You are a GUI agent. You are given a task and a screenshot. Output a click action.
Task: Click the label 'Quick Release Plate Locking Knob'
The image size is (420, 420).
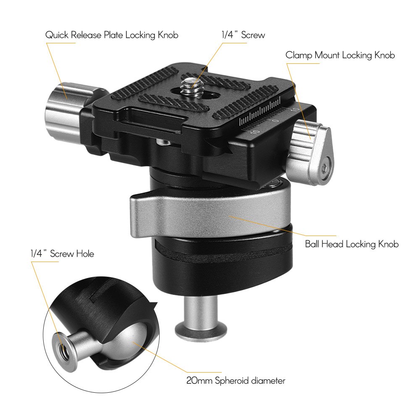pos(112,35)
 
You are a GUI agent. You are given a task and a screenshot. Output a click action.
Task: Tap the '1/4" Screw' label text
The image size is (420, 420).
pos(243,35)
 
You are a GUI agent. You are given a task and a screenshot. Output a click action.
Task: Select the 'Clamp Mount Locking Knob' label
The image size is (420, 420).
pos(340,55)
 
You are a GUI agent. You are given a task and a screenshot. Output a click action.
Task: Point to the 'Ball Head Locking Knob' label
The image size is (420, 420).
pos(352,244)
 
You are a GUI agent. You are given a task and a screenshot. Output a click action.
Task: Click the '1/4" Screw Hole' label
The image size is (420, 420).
pos(62,254)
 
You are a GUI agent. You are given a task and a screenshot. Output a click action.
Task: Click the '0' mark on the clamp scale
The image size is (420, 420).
pos(275,121)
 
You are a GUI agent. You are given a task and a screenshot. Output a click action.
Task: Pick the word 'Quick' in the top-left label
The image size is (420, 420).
pos(57,35)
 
